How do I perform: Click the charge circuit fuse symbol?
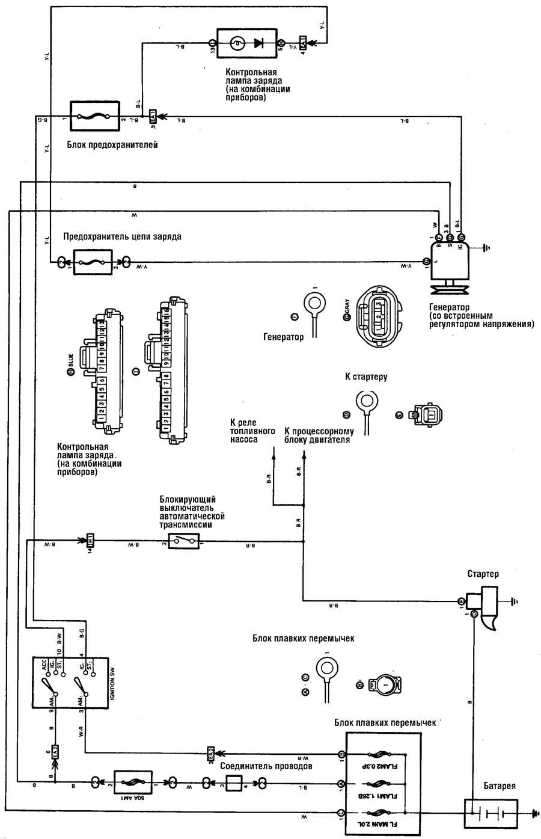93,262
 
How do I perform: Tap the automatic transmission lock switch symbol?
183,541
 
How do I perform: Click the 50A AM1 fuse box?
135,784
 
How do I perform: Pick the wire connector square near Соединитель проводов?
233,784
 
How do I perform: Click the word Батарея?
499,786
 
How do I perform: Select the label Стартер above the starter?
483,574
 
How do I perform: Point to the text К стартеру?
366,377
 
